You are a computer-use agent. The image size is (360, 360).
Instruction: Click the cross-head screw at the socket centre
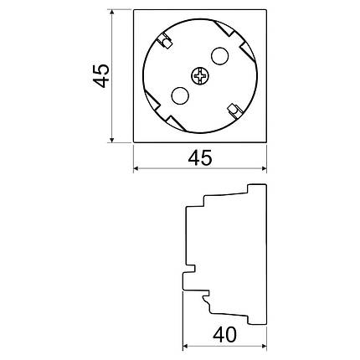coord(200,75)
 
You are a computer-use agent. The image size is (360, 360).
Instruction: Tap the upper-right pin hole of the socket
coord(220,56)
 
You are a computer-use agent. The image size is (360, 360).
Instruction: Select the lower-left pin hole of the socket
coord(180,95)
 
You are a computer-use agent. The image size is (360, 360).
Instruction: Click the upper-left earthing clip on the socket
coord(164,41)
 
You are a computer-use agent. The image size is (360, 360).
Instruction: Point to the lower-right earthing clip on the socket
coord(234,111)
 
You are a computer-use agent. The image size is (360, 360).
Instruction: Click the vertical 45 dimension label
coord(101,75)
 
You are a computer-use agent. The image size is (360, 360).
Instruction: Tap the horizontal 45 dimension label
coord(200,157)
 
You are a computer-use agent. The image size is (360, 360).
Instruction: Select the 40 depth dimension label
coord(224,335)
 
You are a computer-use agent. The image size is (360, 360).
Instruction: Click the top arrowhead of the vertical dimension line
coord(112,13)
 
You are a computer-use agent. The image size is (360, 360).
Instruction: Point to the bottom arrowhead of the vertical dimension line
coord(112,139)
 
